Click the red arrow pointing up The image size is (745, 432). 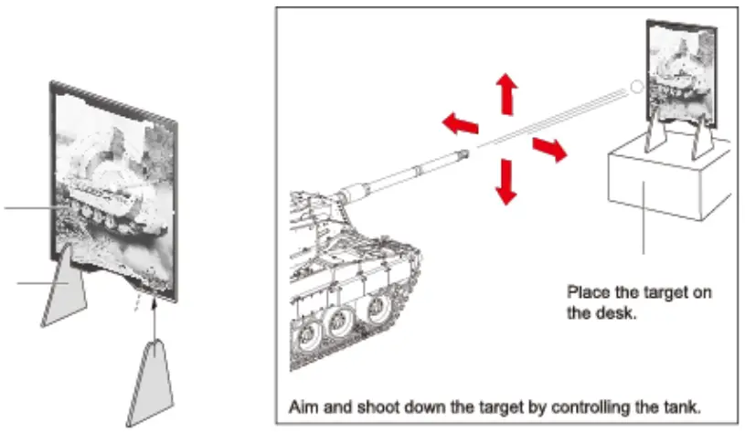tap(505, 93)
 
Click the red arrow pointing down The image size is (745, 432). tap(505, 181)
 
